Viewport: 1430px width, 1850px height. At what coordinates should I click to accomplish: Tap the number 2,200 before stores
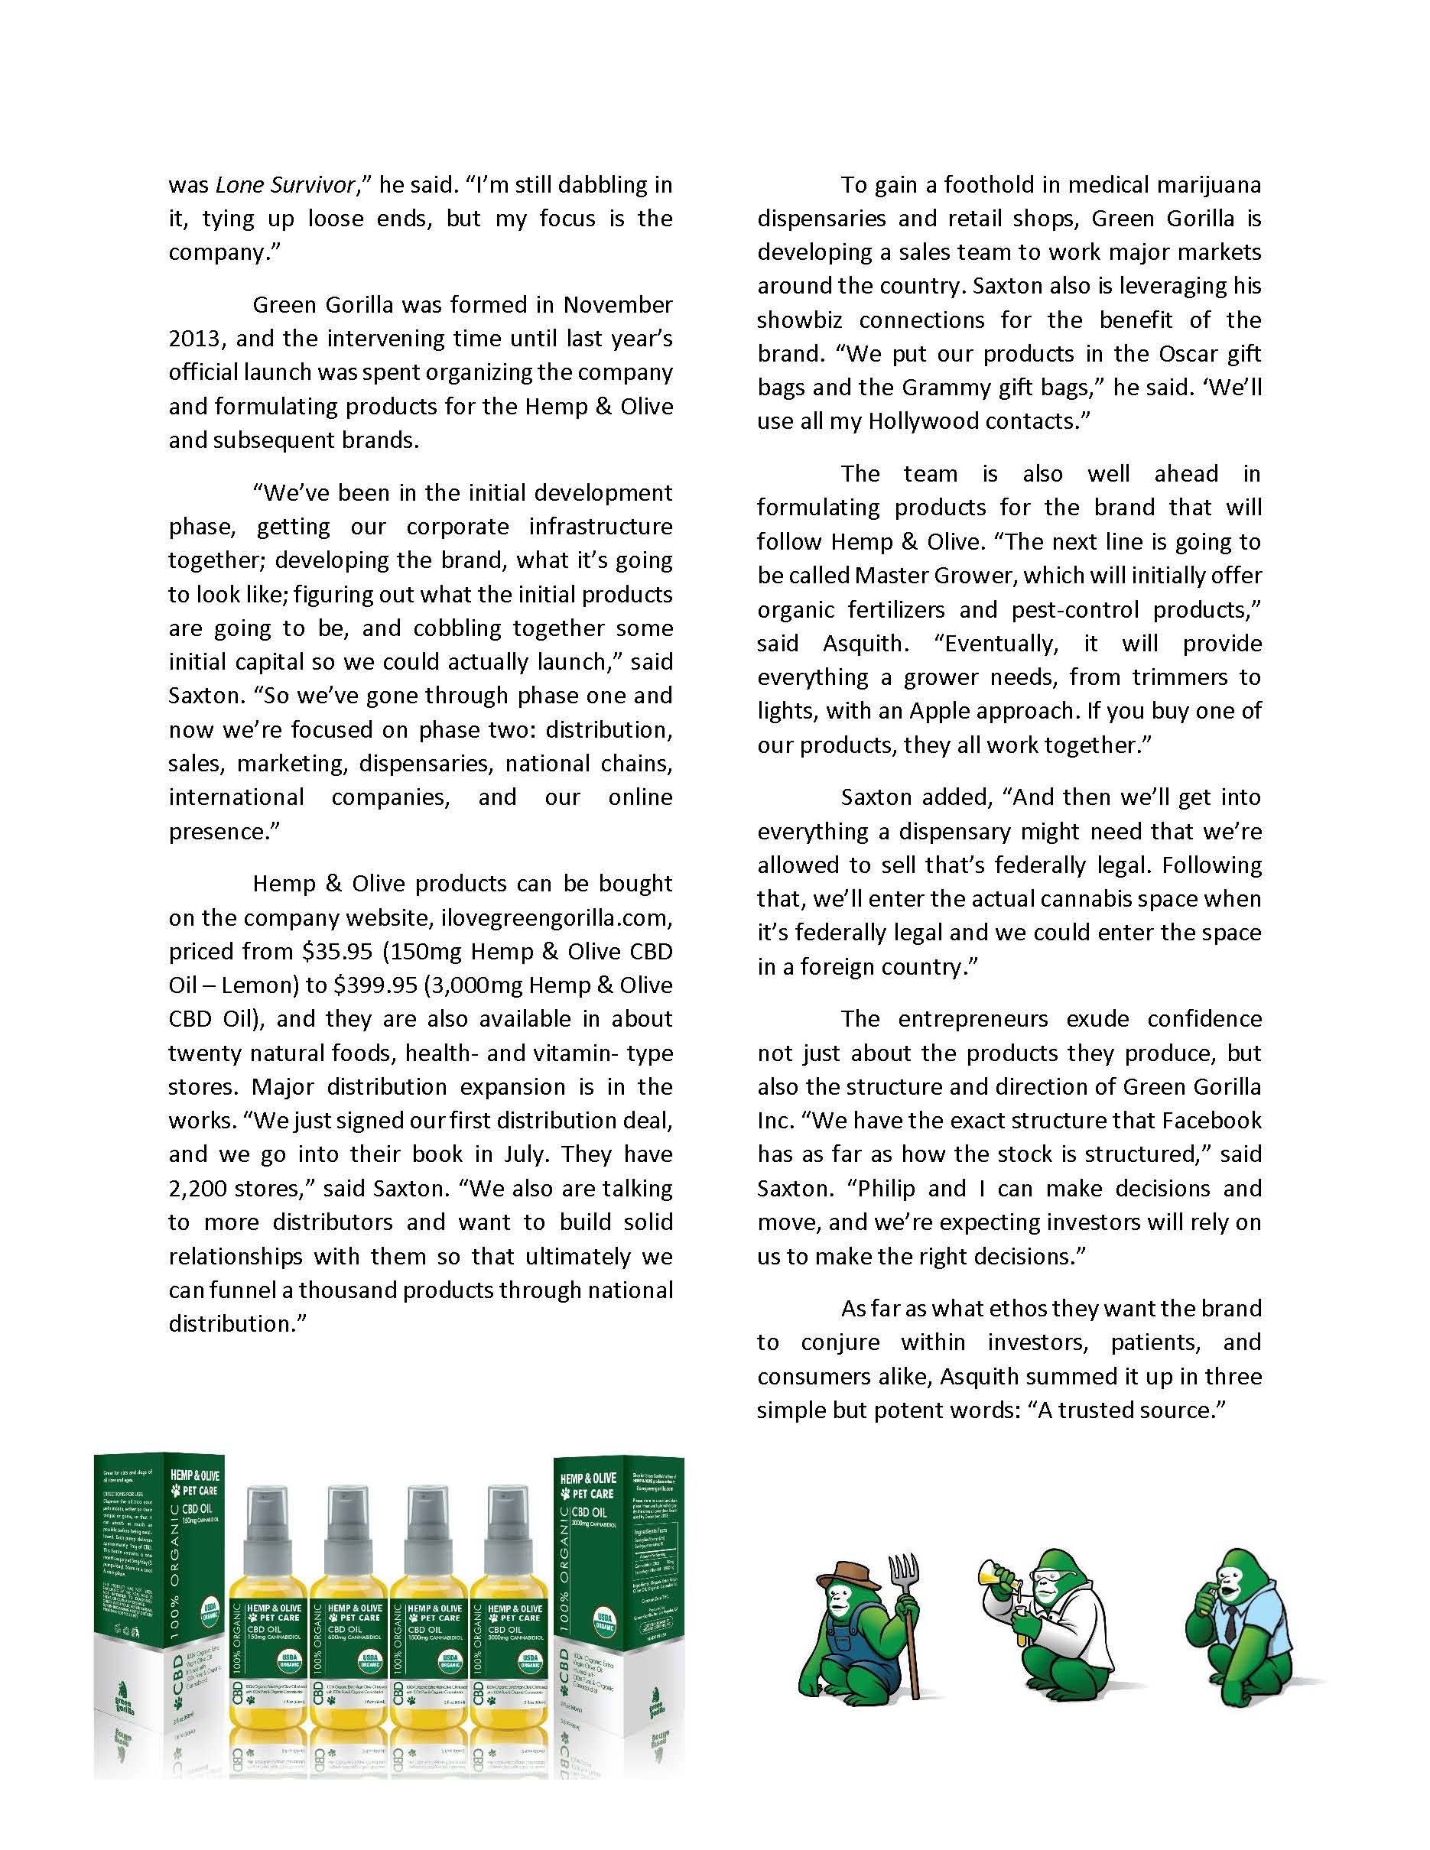[196, 1189]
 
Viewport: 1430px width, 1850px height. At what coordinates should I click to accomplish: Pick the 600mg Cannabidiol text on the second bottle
[358, 1638]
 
